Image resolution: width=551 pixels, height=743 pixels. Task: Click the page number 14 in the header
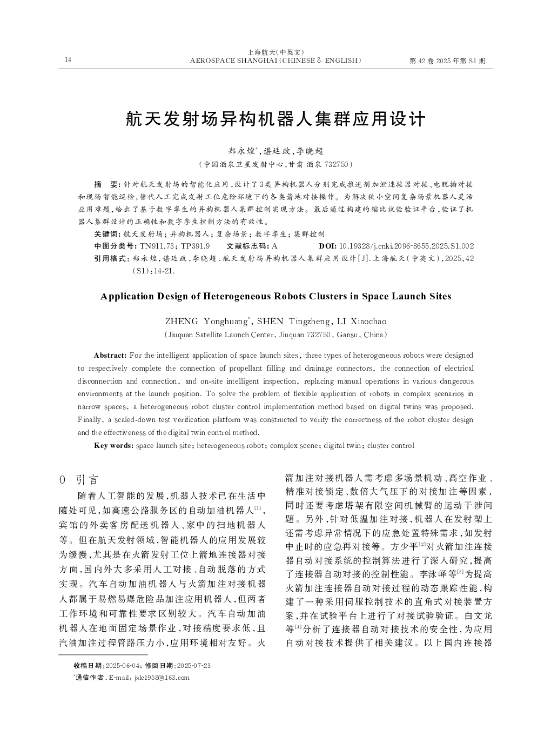tap(68, 60)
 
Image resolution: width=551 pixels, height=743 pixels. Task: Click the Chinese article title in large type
tap(275, 119)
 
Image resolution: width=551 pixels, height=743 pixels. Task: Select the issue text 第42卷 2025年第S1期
tap(448, 61)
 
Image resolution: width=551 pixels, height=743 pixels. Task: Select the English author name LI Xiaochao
tap(361, 322)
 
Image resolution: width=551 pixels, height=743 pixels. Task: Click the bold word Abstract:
tap(110, 356)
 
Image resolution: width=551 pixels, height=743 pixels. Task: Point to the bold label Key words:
tap(113, 446)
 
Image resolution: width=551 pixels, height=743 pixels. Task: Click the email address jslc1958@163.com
tap(162, 678)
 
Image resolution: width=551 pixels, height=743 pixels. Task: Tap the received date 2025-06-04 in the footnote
tap(124, 666)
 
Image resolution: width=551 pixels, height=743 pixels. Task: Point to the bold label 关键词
tap(106, 234)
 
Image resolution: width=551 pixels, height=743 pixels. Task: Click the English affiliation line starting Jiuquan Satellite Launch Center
tap(275, 335)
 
